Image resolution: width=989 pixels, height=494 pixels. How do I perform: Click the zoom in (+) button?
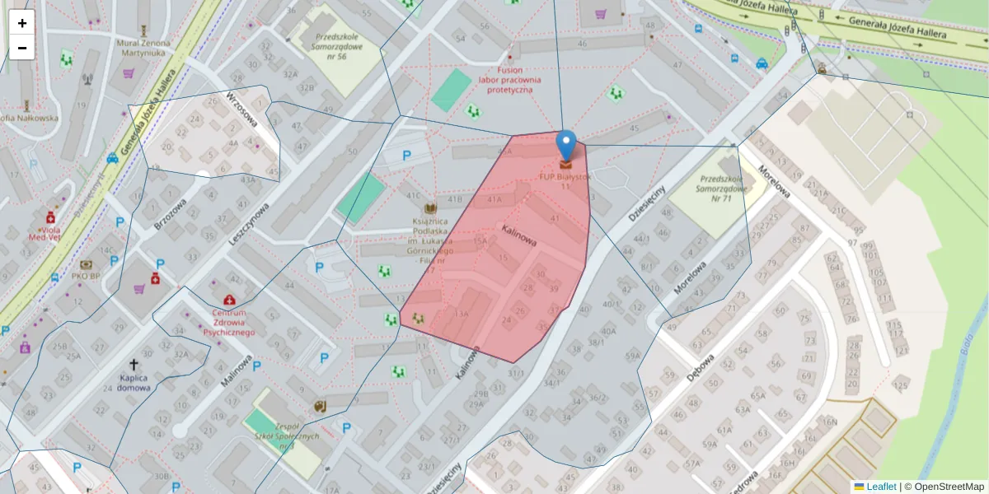point(22,23)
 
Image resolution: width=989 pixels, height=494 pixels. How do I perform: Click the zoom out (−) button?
point(22,48)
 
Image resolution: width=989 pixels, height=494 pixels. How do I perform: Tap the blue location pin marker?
point(565,147)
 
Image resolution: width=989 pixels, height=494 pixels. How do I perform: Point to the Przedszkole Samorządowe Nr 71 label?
point(722,189)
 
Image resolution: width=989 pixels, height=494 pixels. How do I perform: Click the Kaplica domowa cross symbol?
point(134,364)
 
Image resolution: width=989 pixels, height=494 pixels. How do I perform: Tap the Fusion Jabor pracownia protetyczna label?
point(509,81)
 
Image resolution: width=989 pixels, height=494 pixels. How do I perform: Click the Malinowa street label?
point(237,370)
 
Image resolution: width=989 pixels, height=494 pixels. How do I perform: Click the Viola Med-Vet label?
point(45,231)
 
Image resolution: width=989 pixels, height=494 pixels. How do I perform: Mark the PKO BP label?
point(86,276)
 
